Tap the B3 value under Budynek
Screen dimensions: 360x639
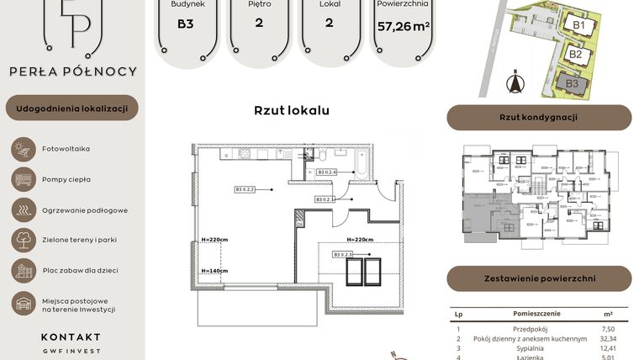pos(185,24)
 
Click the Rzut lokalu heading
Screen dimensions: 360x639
pos(291,110)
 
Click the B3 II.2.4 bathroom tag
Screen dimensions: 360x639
pos(327,172)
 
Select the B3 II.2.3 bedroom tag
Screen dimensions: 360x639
pos(343,254)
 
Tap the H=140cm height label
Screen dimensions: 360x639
pos(215,271)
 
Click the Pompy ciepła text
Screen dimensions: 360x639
pos(66,179)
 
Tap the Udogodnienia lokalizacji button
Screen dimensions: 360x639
pos(71,108)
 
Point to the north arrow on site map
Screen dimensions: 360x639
pos(516,83)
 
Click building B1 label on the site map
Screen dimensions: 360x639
pos(579,25)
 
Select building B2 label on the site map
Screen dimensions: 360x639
pos(576,54)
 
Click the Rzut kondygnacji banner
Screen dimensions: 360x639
pos(538,118)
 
